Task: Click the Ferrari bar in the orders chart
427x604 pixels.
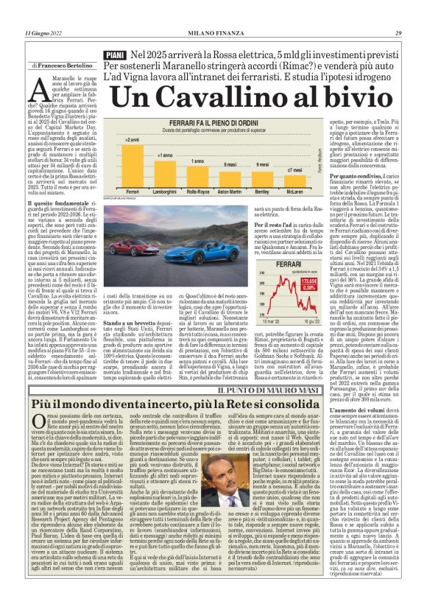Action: (x=133, y=165)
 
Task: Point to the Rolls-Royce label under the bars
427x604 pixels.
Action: (x=197, y=192)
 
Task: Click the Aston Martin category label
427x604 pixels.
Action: (x=230, y=192)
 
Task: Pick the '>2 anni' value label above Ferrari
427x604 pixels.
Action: (x=133, y=139)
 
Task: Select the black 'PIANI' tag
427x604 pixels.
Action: (x=115, y=55)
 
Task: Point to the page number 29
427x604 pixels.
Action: (x=398, y=33)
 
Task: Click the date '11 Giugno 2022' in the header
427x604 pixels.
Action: (x=43, y=33)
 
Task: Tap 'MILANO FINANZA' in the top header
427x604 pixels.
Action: (x=213, y=33)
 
